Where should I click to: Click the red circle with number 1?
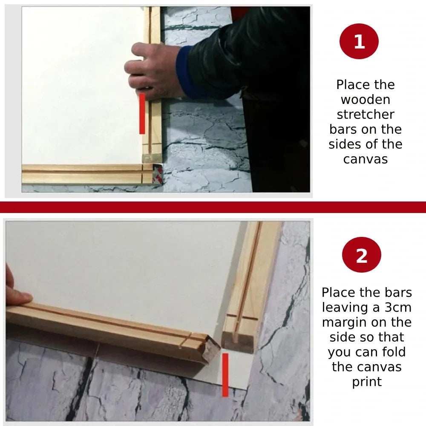coord(359,41)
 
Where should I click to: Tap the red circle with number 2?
coord(361,255)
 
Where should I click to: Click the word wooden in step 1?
coord(366,99)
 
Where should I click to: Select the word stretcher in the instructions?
coord(366,114)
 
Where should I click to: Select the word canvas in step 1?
coord(366,159)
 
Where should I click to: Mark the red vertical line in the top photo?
coord(142,114)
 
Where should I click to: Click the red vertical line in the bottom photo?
coord(225,375)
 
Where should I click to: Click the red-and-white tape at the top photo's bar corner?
coord(158,173)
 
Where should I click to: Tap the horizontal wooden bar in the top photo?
coord(87,174)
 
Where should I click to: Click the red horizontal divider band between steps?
coord(213,207)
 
